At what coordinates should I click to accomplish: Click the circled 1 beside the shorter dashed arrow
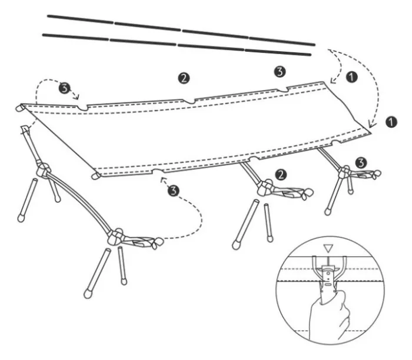pos(352,77)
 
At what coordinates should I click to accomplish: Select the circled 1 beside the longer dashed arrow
pos(391,122)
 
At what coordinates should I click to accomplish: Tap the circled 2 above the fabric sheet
pos(184,78)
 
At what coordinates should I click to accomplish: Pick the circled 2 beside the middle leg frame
pos(281,175)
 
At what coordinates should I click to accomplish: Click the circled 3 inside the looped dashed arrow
pos(64,88)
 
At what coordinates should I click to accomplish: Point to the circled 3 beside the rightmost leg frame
pos(361,163)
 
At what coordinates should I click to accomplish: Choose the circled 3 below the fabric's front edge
pos(174,191)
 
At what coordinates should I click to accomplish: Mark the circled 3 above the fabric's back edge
pos(280,71)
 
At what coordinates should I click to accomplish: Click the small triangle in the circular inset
pos(328,248)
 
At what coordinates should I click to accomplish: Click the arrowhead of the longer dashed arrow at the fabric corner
pos(371,125)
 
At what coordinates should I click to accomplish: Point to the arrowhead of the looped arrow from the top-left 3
pos(77,96)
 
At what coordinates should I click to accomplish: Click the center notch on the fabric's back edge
pos(188,101)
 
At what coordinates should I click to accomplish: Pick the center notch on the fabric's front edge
pos(255,159)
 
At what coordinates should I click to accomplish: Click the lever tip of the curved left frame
pos(158,242)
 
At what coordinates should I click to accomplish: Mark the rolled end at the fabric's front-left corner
pos(96,176)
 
